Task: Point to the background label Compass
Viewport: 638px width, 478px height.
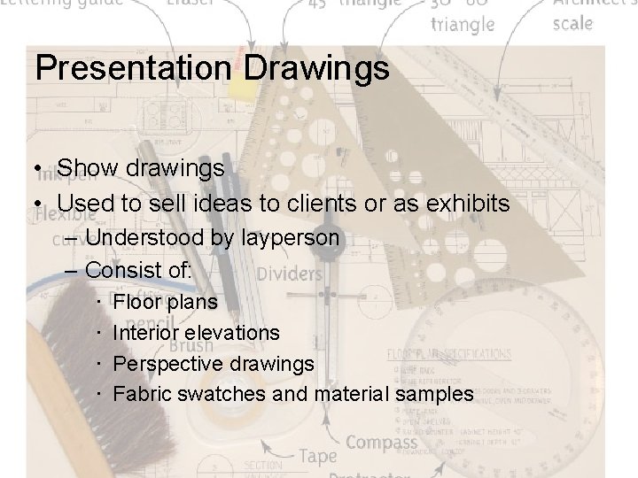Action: tap(382, 442)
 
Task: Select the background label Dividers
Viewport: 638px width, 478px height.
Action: tap(290, 274)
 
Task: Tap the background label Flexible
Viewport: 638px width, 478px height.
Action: tap(66, 214)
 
